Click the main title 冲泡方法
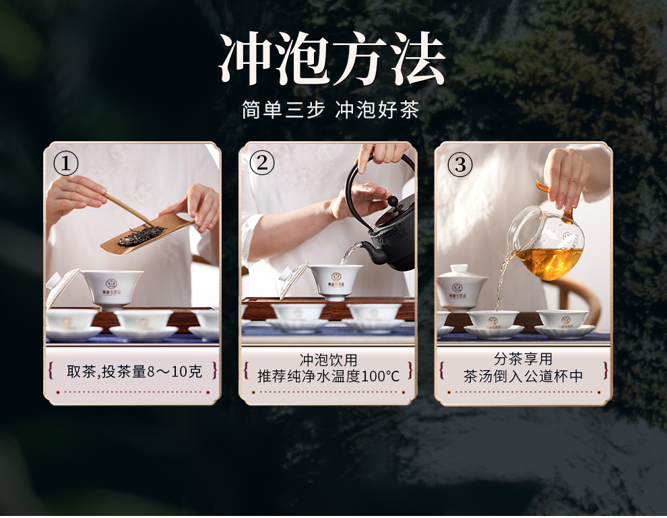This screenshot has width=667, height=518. [332, 59]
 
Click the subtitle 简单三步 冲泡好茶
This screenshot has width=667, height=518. [331, 110]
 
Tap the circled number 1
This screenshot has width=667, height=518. [66, 163]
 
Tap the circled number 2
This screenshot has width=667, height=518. [261, 163]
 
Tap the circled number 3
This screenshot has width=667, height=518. [460, 165]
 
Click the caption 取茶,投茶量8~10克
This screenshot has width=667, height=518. [135, 371]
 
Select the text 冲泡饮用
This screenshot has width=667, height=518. [328, 360]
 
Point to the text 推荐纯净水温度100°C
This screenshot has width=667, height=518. [328, 376]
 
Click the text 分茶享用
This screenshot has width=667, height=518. [523, 359]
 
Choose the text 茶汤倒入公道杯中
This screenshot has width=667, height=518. [523, 376]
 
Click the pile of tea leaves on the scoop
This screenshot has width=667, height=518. [141, 235]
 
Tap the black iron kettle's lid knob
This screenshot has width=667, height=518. [393, 200]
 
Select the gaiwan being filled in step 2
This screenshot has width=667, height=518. [336, 281]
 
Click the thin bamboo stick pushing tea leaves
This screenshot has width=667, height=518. [130, 210]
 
